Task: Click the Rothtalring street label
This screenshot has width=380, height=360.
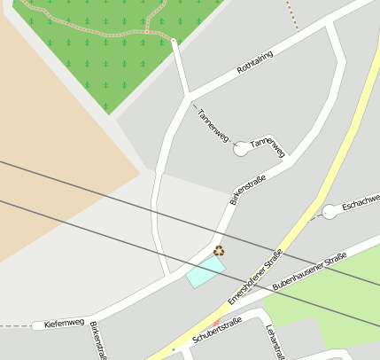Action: (255, 62)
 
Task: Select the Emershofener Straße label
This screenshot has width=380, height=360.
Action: (254, 278)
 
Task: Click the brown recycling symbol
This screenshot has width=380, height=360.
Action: (219, 251)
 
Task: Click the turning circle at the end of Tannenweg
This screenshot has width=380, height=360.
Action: (241, 149)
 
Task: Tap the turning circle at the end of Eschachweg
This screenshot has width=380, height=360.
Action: (330, 211)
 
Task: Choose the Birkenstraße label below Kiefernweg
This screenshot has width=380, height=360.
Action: (97, 341)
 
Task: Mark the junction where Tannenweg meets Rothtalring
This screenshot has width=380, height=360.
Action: (189, 95)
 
